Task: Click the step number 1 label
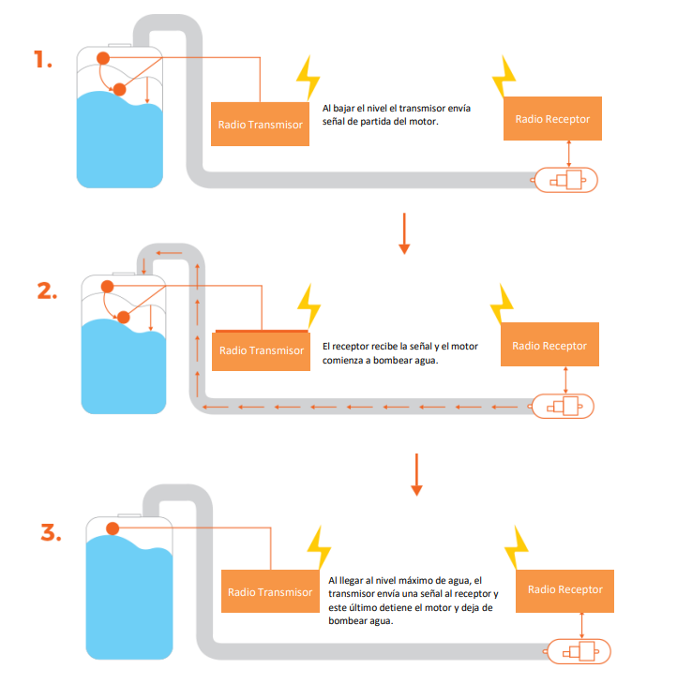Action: pos(43,59)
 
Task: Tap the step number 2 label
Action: pos(47,291)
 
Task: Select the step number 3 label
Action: pos(51,532)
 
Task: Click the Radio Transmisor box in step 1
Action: pos(260,125)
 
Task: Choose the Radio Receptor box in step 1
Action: pos(552,119)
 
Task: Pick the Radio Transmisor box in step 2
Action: pos(261,350)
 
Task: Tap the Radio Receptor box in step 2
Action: pos(549,345)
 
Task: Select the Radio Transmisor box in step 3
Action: pos(270,591)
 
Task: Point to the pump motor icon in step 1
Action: pos(565,180)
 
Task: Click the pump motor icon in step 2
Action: pos(563,406)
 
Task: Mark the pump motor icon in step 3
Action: pos(579,652)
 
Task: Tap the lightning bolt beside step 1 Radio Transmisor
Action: pos(308,79)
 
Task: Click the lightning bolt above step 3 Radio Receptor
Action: pos(516,548)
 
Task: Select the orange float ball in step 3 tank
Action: pos(113,528)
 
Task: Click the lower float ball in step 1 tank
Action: pos(120,89)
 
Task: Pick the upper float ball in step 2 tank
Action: pos(108,287)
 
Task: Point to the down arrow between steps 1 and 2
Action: pos(404,233)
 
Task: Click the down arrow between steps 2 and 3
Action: pos(417,475)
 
